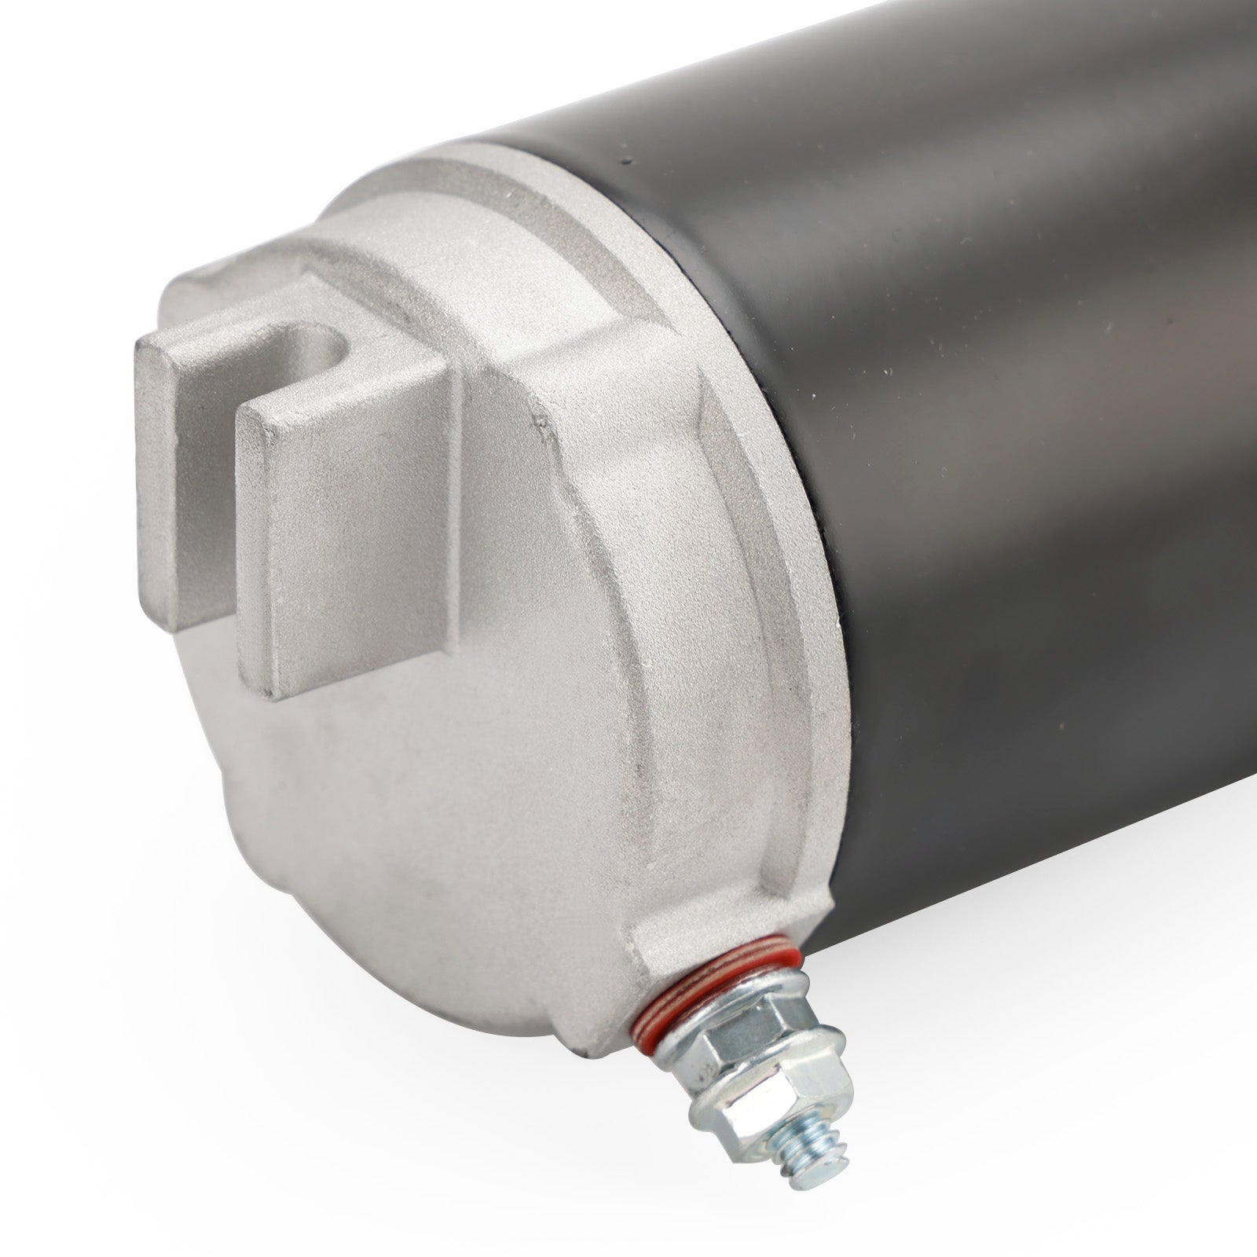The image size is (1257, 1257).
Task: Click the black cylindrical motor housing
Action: [x=982, y=393]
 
